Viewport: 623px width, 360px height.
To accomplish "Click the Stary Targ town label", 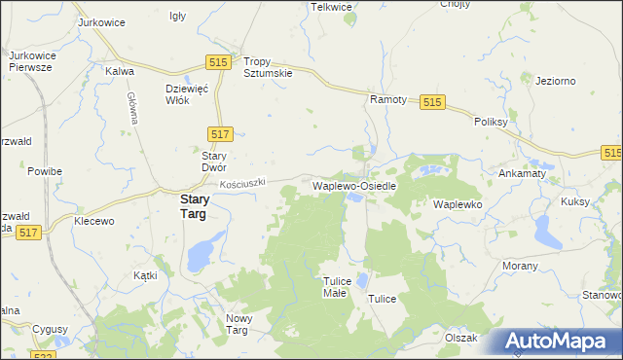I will click(x=182, y=207).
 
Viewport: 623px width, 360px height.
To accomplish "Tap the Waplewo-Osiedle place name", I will click(x=353, y=185).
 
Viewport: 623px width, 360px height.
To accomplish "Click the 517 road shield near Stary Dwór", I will click(x=219, y=134).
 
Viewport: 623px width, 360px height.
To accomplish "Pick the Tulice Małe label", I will click(x=335, y=287).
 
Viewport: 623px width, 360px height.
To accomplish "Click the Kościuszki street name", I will click(x=242, y=183).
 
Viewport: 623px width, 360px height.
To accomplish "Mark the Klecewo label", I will click(x=95, y=221).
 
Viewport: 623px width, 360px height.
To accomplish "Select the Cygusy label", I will click(x=51, y=329).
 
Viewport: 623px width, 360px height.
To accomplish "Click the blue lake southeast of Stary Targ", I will click(x=201, y=257).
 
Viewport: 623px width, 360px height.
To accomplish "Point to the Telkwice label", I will click(x=331, y=7).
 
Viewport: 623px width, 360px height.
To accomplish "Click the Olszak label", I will click(x=461, y=338).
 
